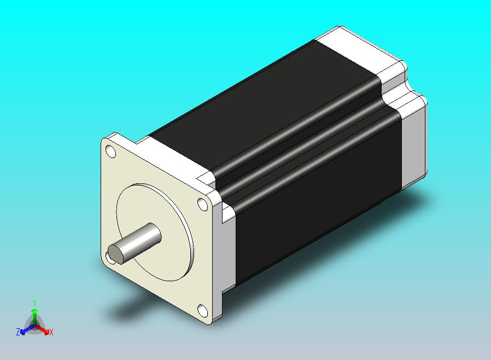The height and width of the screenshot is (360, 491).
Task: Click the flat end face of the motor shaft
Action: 116,253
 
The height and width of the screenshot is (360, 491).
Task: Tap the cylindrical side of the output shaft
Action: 142,239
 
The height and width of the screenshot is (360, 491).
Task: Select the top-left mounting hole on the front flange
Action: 110,150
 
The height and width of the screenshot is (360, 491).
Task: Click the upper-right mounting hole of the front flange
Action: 202,205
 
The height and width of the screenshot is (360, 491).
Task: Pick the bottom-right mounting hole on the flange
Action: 202,311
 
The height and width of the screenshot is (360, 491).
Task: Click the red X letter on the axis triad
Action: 51,332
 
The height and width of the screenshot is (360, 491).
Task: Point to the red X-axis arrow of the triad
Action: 43,329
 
